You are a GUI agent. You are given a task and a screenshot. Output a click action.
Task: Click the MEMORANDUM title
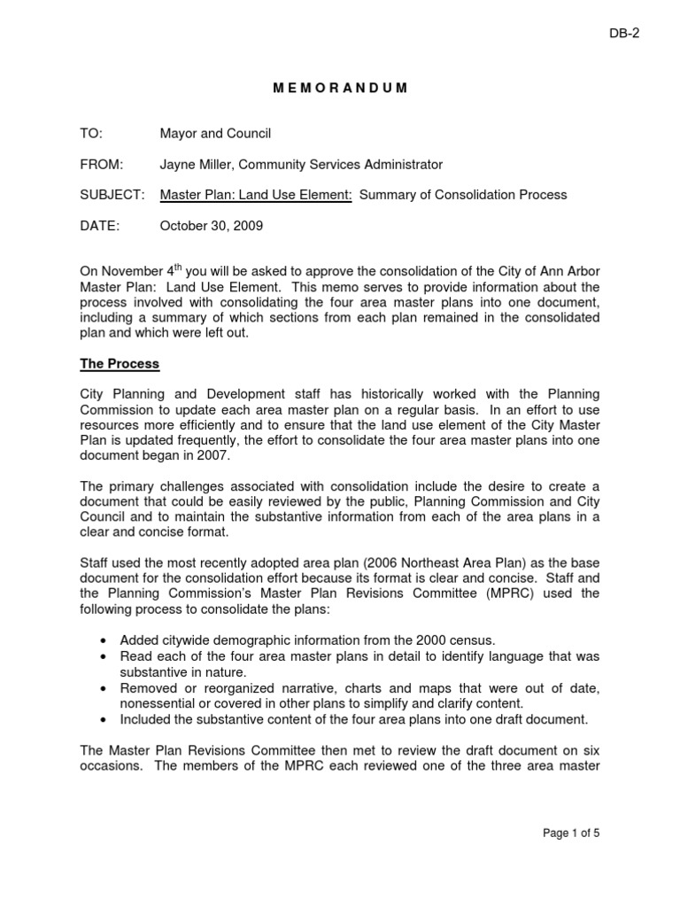click(339, 88)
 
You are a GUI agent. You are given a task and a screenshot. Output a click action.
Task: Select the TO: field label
click(91, 134)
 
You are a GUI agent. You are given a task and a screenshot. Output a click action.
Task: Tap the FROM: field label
click(102, 164)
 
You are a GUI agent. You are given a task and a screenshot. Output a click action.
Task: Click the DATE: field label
click(99, 226)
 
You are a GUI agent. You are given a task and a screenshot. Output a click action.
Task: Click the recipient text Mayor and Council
click(215, 134)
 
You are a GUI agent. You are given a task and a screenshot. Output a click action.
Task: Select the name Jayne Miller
click(197, 164)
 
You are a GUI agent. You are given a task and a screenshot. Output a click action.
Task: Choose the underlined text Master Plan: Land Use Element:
click(256, 195)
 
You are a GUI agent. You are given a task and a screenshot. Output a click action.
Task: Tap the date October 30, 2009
click(211, 226)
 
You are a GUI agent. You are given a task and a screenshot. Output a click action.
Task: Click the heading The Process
click(120, 363)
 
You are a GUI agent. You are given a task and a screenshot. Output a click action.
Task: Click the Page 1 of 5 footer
click(569, 833)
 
